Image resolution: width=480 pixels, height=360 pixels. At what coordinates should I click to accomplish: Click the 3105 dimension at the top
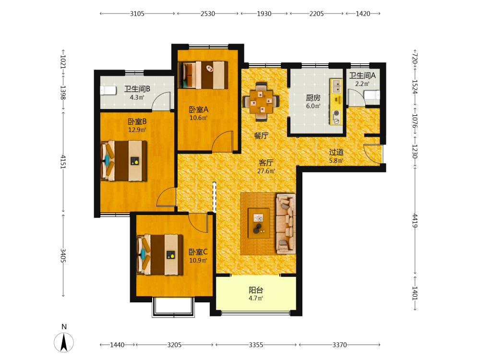[x=137, y=13]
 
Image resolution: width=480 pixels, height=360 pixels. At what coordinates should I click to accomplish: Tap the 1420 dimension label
[x=363, y=13]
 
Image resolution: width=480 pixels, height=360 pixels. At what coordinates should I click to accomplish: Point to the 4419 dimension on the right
[x=415, y=221]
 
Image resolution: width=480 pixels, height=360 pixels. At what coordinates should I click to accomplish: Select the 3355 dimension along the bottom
[x=256, y=345]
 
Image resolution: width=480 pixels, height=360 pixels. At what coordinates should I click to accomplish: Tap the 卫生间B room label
[x=137, y=89]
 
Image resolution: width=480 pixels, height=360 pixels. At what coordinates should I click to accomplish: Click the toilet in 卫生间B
[x=108, y=91]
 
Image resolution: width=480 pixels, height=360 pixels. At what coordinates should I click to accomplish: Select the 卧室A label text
[x=199, y=109]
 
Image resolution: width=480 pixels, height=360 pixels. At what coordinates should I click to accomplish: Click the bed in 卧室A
[x=203, y=75]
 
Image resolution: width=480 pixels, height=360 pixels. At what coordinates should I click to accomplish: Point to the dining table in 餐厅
[x=261, y=101]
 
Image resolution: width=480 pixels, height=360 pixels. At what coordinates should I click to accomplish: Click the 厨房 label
[x=313, y=97]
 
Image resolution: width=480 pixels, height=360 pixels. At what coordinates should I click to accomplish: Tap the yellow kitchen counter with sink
[x=336, y=102]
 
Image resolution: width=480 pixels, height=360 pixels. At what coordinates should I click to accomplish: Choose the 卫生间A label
[x=362, y=75]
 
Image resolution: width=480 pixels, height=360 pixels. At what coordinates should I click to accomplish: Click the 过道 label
[x=336, y=152]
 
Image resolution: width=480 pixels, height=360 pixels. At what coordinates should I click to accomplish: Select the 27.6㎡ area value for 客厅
[x=266, y=171]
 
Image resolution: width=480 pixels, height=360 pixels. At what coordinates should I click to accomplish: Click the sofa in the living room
[x=286, y=224]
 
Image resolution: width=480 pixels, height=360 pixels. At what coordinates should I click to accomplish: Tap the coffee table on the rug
[x=259, y=223]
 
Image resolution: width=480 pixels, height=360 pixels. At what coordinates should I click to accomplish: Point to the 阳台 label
[x=256, y=290]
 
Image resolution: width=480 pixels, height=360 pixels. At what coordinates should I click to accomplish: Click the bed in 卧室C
[x=160, y=255]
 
